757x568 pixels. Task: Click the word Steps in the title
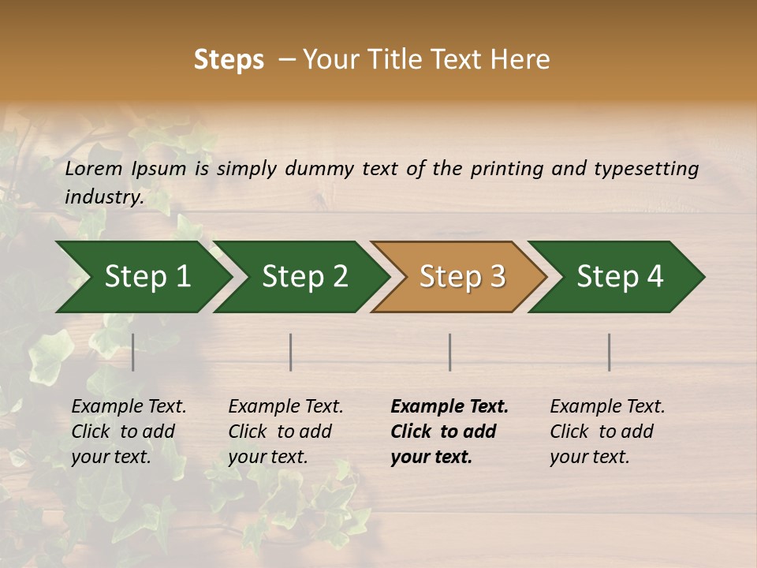pos(229,60)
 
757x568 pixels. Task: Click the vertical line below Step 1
pos(133,352)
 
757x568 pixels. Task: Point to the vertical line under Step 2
pos(291,352)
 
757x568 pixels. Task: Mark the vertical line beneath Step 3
pos(450,352)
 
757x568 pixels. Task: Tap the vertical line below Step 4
pos(610,352)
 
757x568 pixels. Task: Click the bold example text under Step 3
pos(449,432)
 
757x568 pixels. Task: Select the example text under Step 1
pos(129,432)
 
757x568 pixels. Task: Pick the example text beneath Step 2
pos(285,432)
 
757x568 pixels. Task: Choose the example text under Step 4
pos(607,432)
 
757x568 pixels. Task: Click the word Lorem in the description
pos(94,169)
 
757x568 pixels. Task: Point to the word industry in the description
pos(103,196)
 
